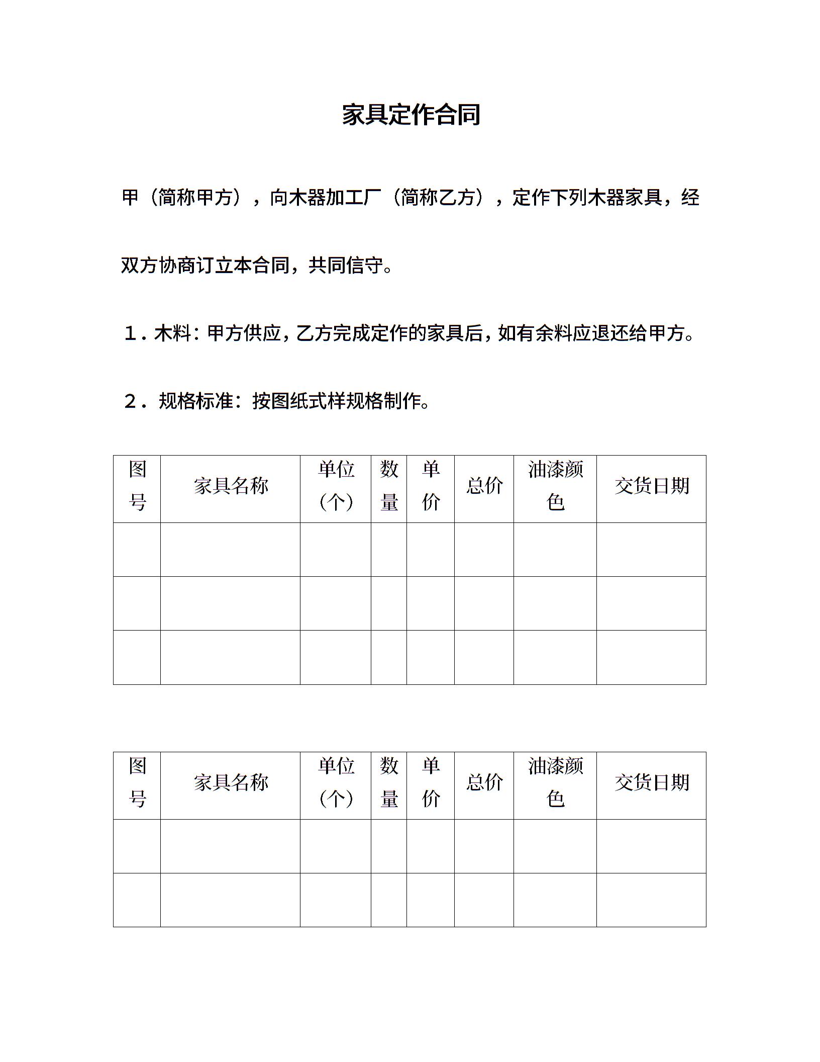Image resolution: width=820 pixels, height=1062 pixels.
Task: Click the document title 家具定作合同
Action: coord(411,115)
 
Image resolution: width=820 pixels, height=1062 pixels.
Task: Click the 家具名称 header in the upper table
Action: coord(231,486)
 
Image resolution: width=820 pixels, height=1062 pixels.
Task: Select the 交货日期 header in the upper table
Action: coord(651,486)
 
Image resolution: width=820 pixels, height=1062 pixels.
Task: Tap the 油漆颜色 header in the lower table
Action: coord(555,782)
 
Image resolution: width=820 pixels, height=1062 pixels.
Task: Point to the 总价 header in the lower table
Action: coord(484,782)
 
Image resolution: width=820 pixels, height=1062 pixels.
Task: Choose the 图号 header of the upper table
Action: coord(137,486)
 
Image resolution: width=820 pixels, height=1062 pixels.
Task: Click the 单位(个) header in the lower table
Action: coord(336,782)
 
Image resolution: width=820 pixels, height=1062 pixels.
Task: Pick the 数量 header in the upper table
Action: coord(389,486)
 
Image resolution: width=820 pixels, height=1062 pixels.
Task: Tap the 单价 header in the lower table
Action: coord(431,782)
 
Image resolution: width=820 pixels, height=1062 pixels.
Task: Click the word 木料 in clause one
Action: coord(173,333)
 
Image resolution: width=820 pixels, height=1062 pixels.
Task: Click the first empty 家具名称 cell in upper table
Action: coord(231,550)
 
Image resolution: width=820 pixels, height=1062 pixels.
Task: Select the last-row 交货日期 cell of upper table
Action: coord(651,657)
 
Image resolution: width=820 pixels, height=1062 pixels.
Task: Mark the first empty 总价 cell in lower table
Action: coord(484,846)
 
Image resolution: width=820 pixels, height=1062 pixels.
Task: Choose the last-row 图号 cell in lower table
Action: coord(137,900)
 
